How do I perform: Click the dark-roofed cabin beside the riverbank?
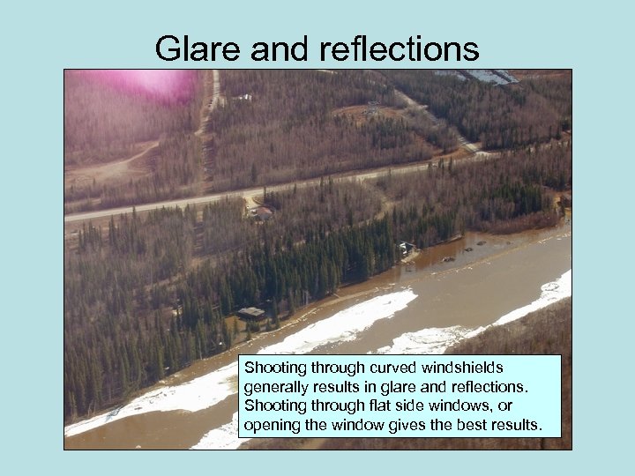coord(250,313)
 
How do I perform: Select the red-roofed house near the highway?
coord(263,212)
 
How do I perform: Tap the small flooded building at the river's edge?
coord(406,249)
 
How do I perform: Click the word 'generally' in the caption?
coord(278,386)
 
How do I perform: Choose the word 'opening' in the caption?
coord(272,426)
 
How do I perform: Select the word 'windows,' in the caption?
coord(452,405)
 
